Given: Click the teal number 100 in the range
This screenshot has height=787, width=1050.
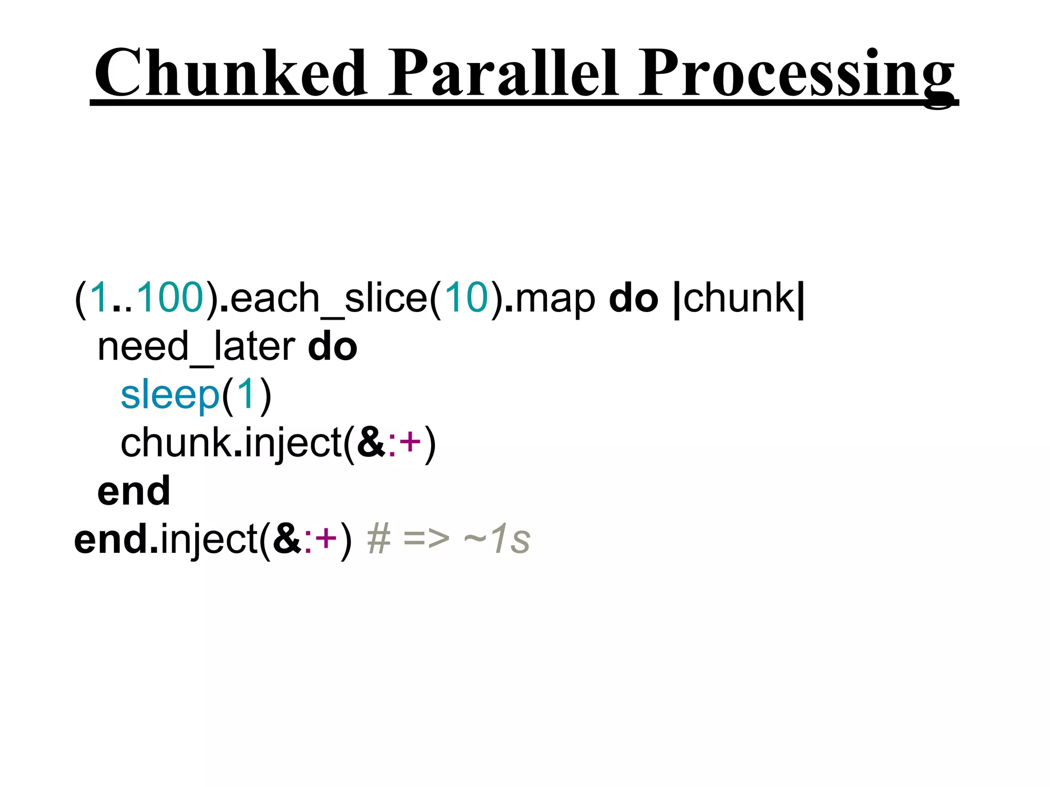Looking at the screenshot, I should pyautogui.click(x=170, y=298).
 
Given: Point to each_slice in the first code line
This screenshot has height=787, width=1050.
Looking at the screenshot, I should pyautogui.click(x=328, y=299).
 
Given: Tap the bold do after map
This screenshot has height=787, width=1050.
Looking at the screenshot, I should pyautogui.click(x=633, y=298).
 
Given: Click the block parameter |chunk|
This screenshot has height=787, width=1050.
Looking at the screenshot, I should pyautogui.click(x=739, y=299).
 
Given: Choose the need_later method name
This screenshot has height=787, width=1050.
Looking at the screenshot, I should pyautogui.click(x=196, y=347).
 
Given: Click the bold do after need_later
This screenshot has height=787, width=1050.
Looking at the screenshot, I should pyautogui.click(x=332, y=347).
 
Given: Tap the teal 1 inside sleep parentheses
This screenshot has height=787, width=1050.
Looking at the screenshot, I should pyautogui.click(x=246, y=395).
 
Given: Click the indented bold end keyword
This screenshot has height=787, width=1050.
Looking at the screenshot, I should pyautogui.click(x=134, y=491).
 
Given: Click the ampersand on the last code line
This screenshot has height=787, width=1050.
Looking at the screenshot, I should pyautogui.click(x=287, y=540).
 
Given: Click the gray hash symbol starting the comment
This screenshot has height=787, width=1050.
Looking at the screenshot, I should pyautogui.click(x=379, y=540).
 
